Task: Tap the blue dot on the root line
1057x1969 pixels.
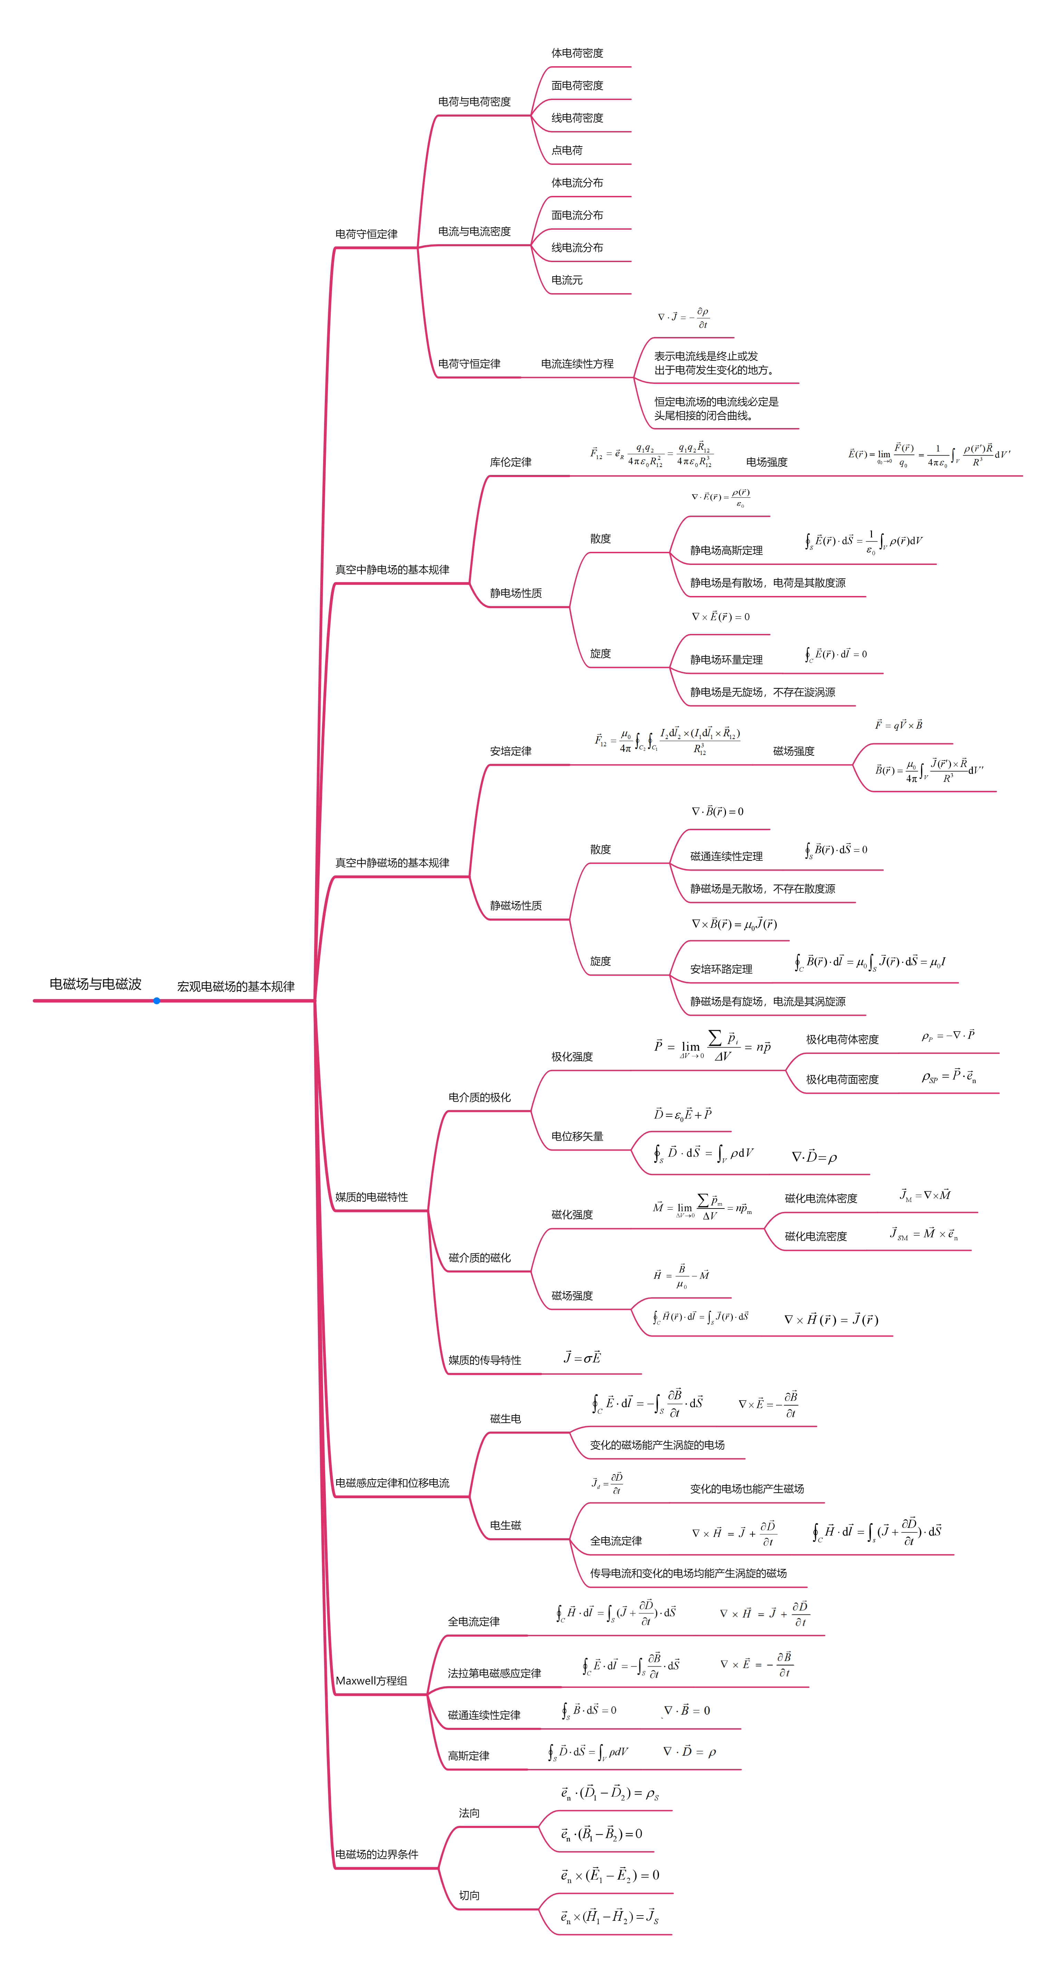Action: click(x=157, y=1001)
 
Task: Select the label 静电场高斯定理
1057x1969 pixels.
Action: click(x=726, y=550)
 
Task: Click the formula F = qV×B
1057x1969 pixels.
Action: click(x=899, y=725)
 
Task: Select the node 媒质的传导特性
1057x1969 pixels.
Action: click(x=484, y=1360)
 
